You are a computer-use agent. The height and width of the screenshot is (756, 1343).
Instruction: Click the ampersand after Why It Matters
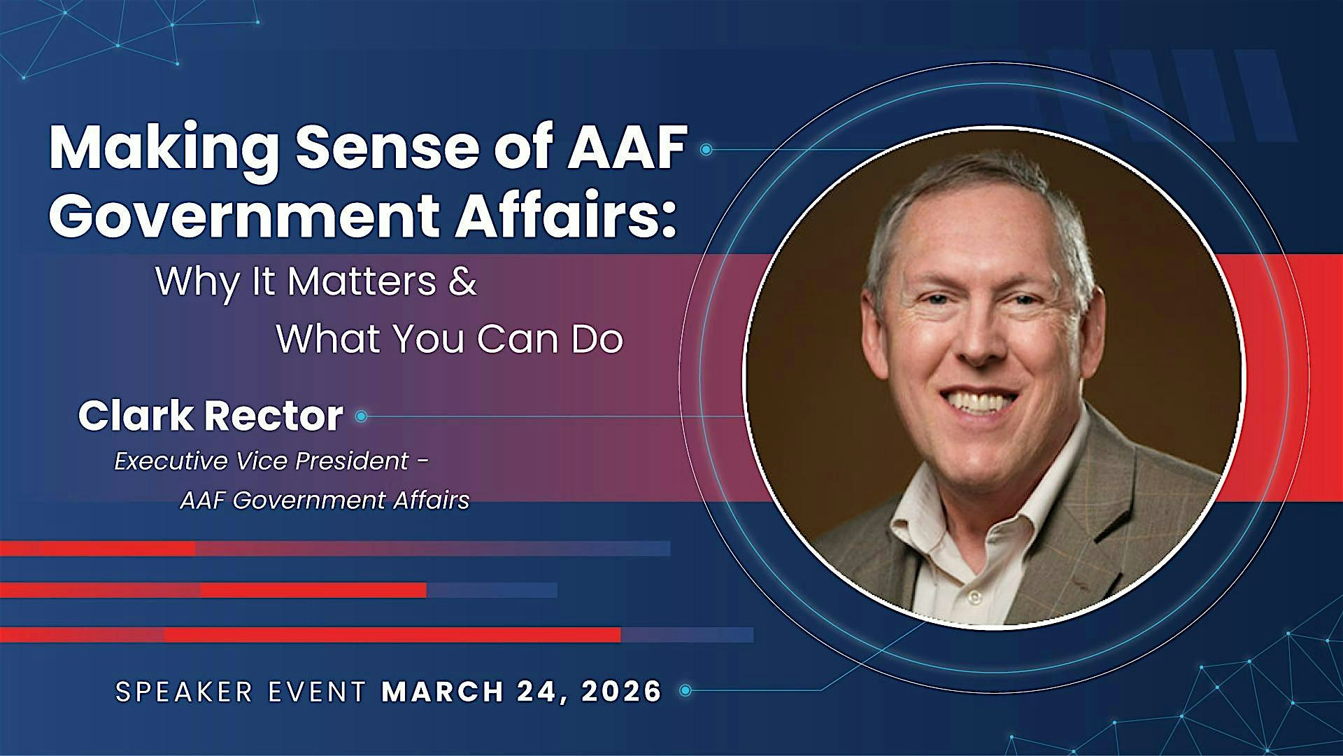[463, 281]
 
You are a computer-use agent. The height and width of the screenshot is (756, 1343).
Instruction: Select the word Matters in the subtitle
[362, 281]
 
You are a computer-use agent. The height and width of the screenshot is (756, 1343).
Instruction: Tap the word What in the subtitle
[328, 339]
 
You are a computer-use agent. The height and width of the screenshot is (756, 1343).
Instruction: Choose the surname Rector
[273, 416]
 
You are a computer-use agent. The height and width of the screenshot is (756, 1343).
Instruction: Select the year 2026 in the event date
[620, 692]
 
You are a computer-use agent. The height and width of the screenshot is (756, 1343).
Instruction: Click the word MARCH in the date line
[442, 692]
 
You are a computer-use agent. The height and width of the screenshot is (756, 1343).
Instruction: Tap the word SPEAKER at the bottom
[184, 692]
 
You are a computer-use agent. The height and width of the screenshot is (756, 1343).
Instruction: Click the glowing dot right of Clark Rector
[361, 416]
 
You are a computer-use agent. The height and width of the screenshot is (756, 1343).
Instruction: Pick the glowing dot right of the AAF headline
[706, 149]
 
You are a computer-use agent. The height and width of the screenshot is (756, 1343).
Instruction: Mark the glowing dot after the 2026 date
[685, 691]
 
